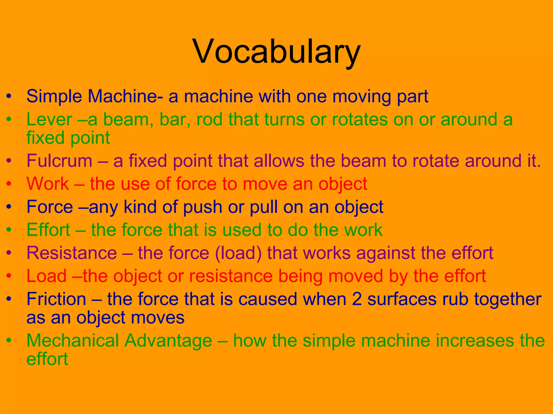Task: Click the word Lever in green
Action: pyautogui.click(x=49, y=119)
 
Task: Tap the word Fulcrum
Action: pyautogui.click(x=59, y=161)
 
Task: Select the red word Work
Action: pyautogui.click(x=48, y=184)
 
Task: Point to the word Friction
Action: pyautogui.click(x=56, y=299)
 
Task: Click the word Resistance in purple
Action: pyautogui.click(x=72, y=253)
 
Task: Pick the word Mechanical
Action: pyautogui.click(x=72, y=341)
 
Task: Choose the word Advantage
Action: pyautogui.click(x=168, y=341)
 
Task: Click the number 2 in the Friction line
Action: pyautogui.click(x=357, y=299)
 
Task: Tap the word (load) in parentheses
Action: pyautogui.click(x=238, y=253)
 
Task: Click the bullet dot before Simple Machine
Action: pyautogui.click(x=9, y=96)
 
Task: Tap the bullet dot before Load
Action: pyautogui.click(x=9, y=276)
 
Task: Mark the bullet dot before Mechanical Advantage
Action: pyautogui.click(x=9, y=341)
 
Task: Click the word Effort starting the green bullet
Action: pyautogui.click(x=49, y=230)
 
